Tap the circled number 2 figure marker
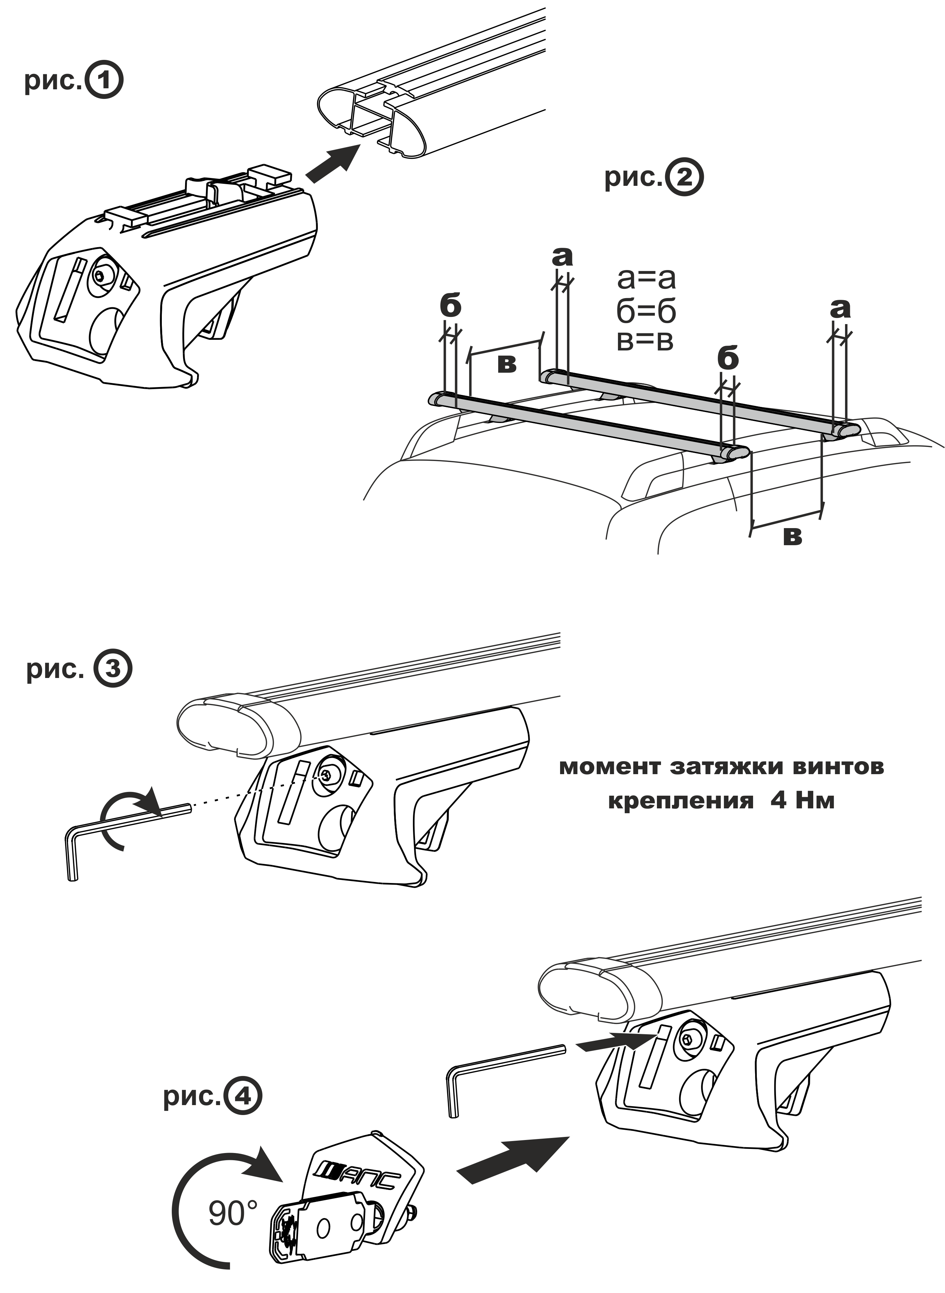pos(685,178)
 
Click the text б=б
pos(646,311)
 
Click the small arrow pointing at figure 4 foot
pos(615,1043)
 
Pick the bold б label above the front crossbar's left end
pos(451,307)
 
